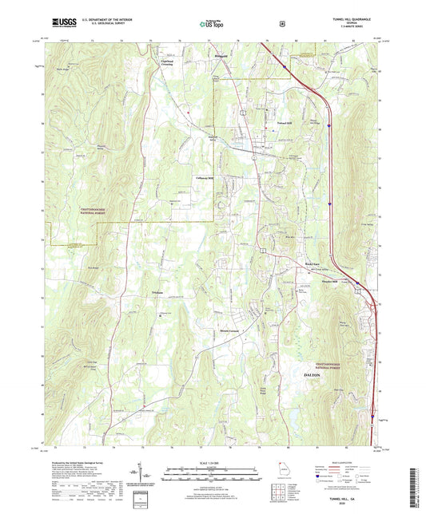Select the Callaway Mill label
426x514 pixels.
[207, 177]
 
